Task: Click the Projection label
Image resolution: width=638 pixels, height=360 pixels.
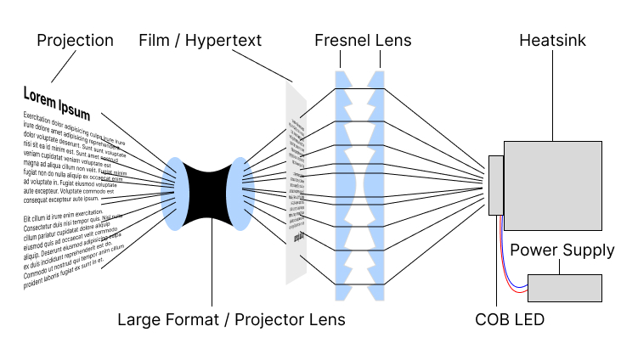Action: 75,41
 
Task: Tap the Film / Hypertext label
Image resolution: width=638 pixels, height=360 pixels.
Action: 199,41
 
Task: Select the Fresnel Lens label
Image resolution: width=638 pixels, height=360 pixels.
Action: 362,41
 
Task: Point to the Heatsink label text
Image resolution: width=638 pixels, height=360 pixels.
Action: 552,41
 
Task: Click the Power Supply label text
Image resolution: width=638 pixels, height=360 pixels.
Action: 562,250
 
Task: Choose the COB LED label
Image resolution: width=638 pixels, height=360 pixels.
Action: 510,319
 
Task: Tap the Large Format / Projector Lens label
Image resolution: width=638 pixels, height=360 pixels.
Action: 231,319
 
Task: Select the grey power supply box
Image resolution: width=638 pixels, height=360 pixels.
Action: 564,288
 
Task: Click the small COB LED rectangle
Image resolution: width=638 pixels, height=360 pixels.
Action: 496,184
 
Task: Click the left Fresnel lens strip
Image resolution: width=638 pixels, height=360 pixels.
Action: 343,184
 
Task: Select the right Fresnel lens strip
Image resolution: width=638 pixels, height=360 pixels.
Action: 375,184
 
